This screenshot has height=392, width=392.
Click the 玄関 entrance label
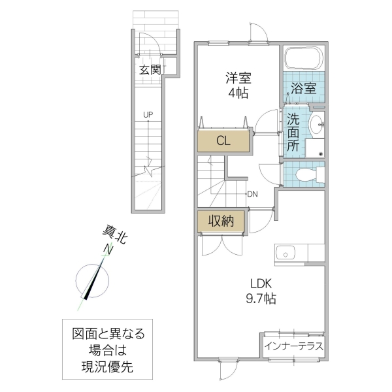click(x=150, y=69)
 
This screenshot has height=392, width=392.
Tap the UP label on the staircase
click(x=148, y=115)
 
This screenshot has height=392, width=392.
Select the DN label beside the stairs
click(x=253, y=193)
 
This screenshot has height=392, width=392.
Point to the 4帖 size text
click(x=238, y=93)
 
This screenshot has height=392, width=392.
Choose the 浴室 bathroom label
click(x=304, y=88)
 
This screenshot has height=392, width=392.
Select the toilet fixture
click(x=305, y=174)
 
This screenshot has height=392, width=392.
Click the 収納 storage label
click(x=221, y=221)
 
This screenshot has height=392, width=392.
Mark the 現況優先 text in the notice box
click(x=108, y=368)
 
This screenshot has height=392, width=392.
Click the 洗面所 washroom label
click(x=294, y=133)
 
